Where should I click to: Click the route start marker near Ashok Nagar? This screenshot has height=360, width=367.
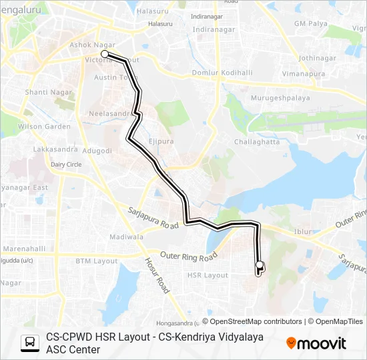coord(105,53)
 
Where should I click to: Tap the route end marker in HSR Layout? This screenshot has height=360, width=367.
coord(260,265)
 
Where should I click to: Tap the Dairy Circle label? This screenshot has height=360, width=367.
coord(66,164)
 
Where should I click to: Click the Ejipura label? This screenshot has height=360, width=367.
coord(161,141)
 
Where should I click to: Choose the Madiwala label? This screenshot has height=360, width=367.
coord(127,237)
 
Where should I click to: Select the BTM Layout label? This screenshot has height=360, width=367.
coord(96,261)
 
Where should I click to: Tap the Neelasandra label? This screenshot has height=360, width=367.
coord(111,114)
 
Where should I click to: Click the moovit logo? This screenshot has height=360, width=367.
coord(316,343)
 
